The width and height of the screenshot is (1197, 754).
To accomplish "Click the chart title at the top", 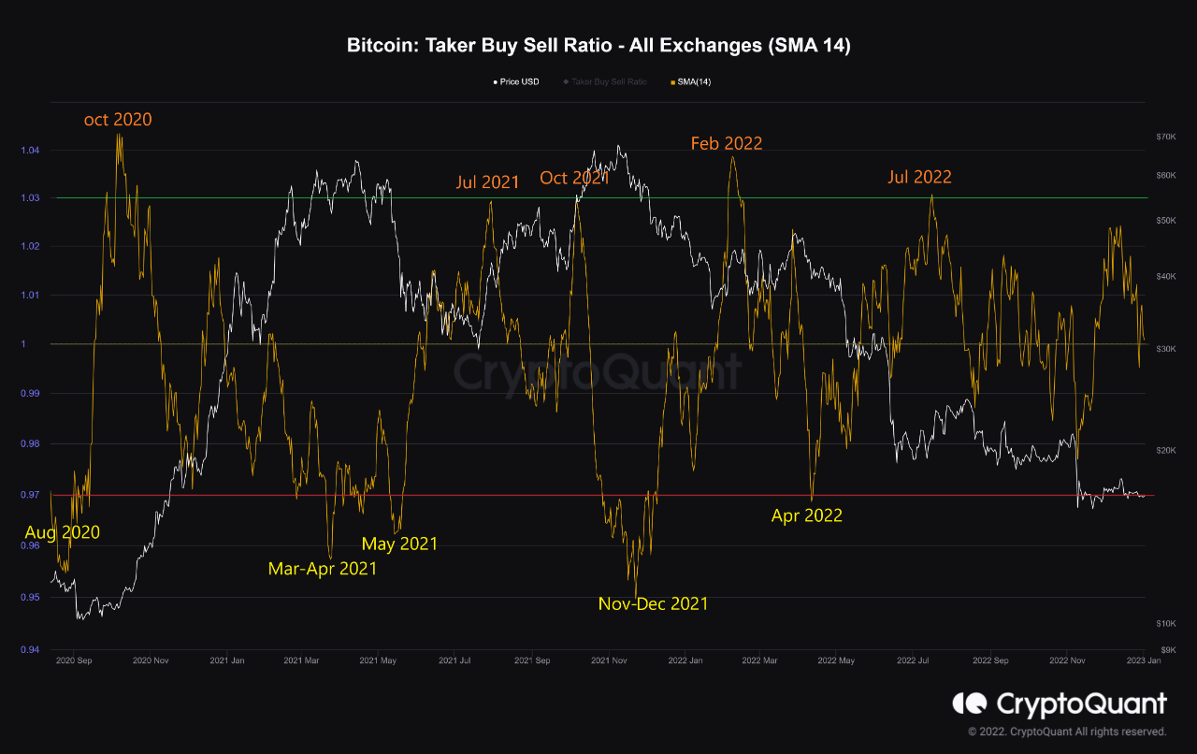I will [598, 46].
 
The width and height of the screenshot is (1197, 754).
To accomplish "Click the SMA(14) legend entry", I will [692, 82].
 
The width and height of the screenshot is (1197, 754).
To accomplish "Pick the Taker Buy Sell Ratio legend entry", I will [609, 82].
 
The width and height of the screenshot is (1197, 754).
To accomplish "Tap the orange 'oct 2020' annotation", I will [118, 120].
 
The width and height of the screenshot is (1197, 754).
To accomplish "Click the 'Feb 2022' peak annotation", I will [727, 143].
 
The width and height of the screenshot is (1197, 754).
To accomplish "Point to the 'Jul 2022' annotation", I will [919, 177].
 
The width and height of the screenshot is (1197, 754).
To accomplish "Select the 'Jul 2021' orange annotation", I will [487, 182].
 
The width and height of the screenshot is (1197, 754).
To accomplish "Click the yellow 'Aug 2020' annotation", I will [62, 533].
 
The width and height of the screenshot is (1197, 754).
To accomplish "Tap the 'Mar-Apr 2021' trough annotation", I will [323, 569].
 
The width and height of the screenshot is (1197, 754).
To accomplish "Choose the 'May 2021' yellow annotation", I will [399, 544].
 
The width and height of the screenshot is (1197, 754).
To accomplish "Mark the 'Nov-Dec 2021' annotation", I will [653, 604].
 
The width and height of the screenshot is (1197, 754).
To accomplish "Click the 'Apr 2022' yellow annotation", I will [806, 515].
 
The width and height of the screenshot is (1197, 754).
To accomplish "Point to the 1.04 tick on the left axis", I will [31, 151].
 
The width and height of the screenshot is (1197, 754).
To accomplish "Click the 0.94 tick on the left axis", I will [31, 650].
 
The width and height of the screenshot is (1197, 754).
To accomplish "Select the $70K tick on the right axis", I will [1165, 137].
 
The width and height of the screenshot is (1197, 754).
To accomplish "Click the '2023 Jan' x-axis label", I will [1142, 661].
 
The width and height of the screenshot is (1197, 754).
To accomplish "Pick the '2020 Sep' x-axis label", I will [75, 661].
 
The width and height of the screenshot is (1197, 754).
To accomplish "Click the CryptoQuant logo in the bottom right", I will [1060, 703].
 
